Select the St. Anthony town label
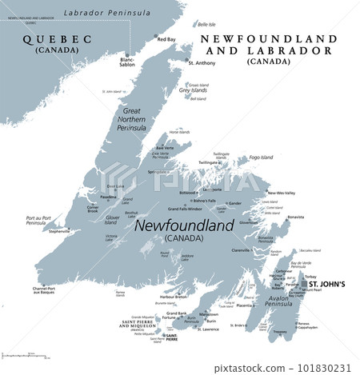(x=202, y=62)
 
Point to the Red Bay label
(x=166, y=39)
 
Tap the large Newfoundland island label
(x=185, y=226)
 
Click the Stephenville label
(x=59, y=232)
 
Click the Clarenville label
(x=241, y=249)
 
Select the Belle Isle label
(x=206, y=25)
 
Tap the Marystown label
(x=210, y=314)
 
